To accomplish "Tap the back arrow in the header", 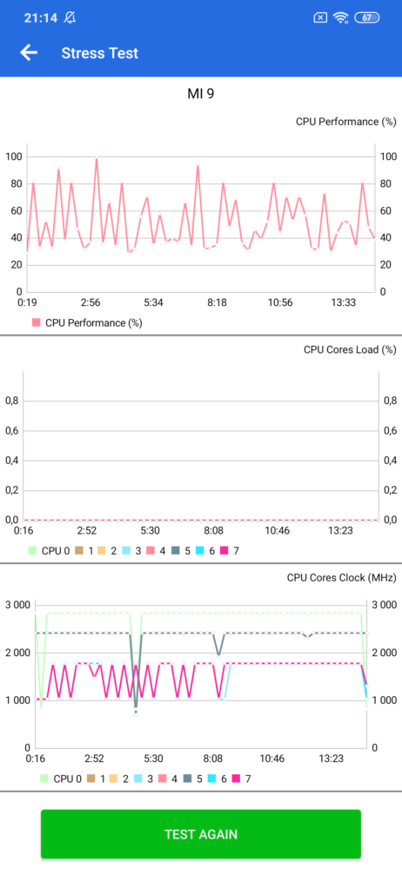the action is click(x=29, y=53).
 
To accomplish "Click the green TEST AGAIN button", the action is click(x=201, y=833).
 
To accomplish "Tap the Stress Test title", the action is click(x=100, y=53).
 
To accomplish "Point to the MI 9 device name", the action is click(x=200, y=94).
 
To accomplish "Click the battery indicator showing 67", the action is click(x=366, y=17).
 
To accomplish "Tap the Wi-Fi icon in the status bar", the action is click(x=340, y=17).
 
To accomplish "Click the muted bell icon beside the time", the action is click(x=70, y=17).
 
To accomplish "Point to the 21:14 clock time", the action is click(x=41, y=17).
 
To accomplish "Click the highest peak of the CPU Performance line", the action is click(x=97, y=158).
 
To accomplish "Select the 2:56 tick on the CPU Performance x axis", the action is click(x=90, y=302).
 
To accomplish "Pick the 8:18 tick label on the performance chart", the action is click(x=218, y=302).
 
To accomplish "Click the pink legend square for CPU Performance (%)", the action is click(x=37, y=322).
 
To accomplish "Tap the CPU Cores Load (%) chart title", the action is click(x=350, y=349).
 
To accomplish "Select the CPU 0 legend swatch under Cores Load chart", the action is click(x=32, y=551).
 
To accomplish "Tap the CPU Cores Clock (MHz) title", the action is click(x=341, y=578).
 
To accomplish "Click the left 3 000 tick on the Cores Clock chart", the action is click(x=17, y=605).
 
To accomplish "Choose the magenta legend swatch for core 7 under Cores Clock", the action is click(x=236, y=779).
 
